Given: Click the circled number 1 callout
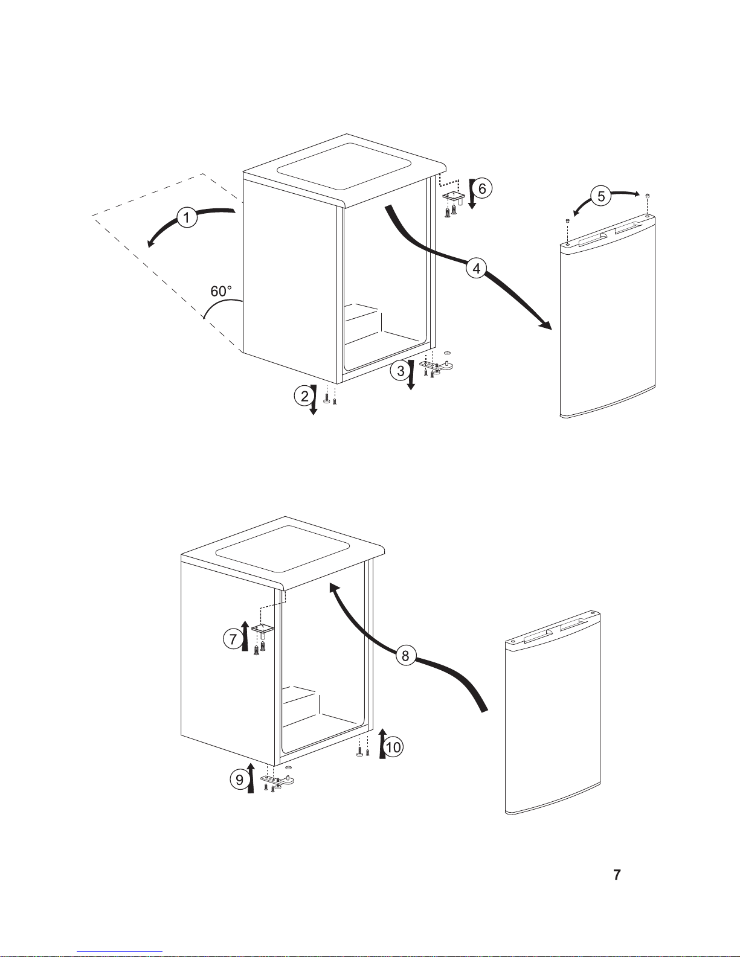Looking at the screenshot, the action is coord(187,217).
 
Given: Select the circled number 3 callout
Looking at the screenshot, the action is coord(401,370).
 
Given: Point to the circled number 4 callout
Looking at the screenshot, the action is coord(476,267).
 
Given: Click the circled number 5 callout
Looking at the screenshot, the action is coord(601,196).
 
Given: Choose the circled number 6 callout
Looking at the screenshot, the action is coord(482,188).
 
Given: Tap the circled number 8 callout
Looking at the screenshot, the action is coord(406,655).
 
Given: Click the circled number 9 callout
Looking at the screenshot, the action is coord(240,780).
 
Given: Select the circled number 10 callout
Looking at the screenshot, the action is coord(393,747).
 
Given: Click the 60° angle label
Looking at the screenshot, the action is coord(220,291).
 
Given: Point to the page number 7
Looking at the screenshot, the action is coord(617,874).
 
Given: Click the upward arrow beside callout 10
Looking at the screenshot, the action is coord(382,743).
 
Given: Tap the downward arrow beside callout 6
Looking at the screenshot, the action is coord(471,194).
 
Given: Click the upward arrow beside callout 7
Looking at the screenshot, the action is coord(245,634).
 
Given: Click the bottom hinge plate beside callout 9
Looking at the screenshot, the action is coord(278,780).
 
